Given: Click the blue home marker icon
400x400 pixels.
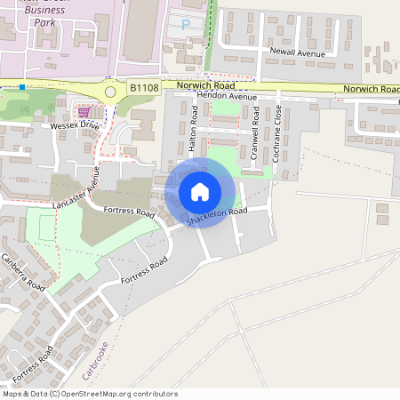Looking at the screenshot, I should coord(199,192).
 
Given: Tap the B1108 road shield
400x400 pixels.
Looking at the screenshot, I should coord(142,87).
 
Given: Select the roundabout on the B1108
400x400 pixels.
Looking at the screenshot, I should coord(111,91).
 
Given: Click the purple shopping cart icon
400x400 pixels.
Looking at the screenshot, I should coord(84,112).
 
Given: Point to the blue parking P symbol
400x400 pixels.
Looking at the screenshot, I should coord(186,25).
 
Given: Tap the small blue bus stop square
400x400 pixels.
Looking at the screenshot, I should coord(22,87).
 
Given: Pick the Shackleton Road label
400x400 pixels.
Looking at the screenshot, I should coord(216,216).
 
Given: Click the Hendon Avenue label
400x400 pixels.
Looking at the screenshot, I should coord(202,95).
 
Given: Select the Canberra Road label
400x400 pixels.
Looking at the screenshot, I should coord(22,274).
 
